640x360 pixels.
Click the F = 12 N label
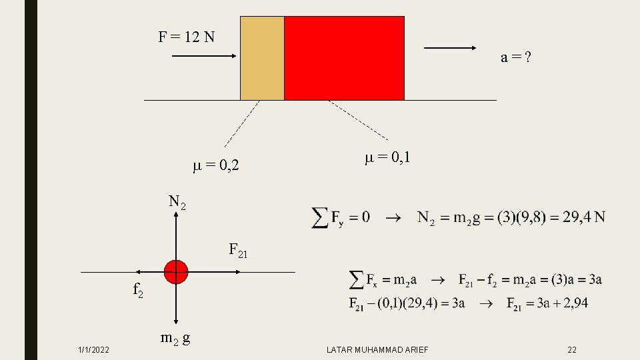tap(187, 36)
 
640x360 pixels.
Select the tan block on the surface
tap(262, 58)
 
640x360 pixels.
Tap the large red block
tap(344, 58)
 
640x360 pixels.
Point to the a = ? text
tap(516, 58)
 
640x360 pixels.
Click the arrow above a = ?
tap(450, 48)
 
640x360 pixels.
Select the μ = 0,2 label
tap(216, 165)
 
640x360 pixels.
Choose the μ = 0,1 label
tap(387, 158)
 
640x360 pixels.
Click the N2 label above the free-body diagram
tap(177, 201)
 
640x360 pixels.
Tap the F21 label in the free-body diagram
tap(238, 251)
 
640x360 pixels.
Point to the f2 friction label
tap(137, 290)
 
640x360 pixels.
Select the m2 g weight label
tap(176, 337)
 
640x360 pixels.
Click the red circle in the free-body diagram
tap(176, 272)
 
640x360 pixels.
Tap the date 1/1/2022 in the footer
tap(94, 350)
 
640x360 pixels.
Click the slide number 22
tap(571, 350)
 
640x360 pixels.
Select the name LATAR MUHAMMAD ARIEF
tap(377, 350)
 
